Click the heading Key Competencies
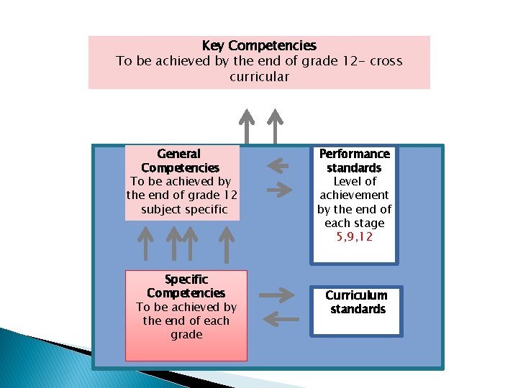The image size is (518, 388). (259, 46)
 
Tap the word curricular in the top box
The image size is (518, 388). (259, 76)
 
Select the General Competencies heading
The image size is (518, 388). (179, 161)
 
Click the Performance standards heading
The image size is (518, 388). (355, 161)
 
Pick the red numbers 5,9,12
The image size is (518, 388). (355, 236)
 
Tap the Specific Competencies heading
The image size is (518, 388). (186, 286)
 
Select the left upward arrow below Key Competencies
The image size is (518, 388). (247, 126)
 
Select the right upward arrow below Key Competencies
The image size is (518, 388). (274, 126)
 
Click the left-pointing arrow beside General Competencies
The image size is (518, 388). (278, 167)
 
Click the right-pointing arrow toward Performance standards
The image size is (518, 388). (280, 190)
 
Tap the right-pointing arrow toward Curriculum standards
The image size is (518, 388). (276, 295)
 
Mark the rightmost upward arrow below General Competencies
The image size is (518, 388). (227, 242)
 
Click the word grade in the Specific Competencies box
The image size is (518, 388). (186, 335)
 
